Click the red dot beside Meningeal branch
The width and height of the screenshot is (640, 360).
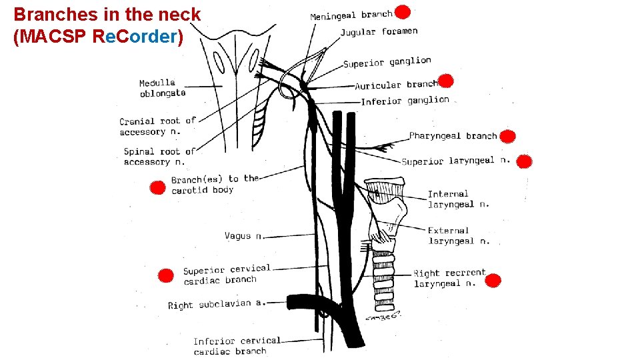402,12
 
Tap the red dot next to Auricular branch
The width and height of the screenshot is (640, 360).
446,81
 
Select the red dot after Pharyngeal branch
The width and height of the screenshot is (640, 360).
508,137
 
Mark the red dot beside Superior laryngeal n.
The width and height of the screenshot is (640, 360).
524,161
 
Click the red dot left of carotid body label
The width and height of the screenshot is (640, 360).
157,187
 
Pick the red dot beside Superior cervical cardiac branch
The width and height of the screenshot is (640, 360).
165,275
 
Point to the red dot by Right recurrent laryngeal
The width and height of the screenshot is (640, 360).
493,281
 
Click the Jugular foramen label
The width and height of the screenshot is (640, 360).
379,31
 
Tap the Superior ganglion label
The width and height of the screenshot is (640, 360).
387,62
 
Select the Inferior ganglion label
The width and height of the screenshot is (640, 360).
405,101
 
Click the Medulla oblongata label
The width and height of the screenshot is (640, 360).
162,88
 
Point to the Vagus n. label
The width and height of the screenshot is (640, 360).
244,235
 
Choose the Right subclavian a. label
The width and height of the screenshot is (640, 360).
217,304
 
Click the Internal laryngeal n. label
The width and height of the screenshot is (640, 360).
458,199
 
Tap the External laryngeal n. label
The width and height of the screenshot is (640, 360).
458,235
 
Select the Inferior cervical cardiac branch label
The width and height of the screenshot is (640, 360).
237,346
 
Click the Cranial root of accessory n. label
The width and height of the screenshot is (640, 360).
157,126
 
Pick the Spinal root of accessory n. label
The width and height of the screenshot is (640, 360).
159,156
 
